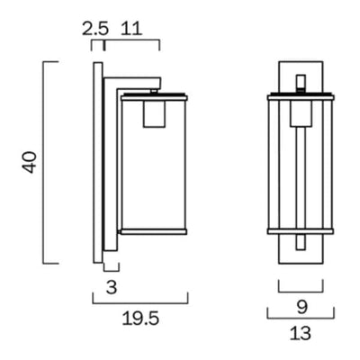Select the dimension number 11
tap(132, 29)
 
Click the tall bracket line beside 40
tap(44, 163)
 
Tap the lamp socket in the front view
tap(300, 114)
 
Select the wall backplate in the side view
tap(96, 162)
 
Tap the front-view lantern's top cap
tap(300, 93)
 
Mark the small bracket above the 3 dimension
tap(111, 269)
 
